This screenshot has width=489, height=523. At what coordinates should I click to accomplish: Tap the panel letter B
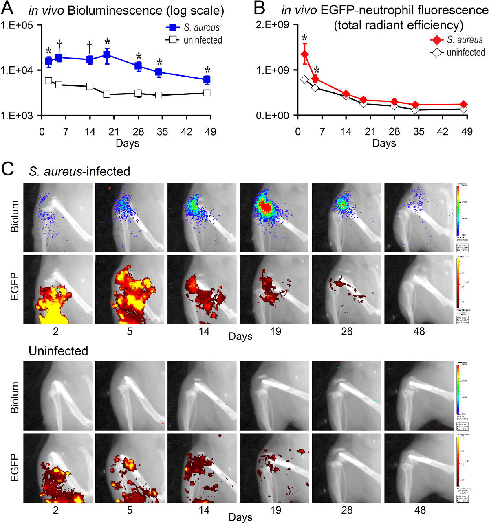click(260, 9)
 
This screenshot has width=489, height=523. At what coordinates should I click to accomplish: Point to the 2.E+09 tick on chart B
click(273, 25)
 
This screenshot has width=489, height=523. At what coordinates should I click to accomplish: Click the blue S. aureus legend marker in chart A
click(173, 28)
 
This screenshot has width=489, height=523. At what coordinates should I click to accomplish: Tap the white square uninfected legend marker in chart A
click(173, 40)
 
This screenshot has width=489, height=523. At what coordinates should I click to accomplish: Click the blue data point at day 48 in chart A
click(207, 79)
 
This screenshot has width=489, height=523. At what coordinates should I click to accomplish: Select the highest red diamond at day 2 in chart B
click(304, 54)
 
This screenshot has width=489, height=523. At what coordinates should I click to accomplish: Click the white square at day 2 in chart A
click(48, 81)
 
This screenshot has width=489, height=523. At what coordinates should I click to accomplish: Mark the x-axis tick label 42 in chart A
click(187, 131)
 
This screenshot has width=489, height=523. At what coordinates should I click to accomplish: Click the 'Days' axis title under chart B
click(384, 143)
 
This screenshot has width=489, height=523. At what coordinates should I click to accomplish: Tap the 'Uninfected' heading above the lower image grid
click(58, 351)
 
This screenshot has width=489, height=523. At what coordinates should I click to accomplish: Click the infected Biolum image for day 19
click(274, 217)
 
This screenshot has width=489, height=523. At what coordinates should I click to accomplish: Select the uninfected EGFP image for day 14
click(202, 468)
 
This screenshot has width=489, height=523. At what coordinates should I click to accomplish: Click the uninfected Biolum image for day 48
click(419, 396)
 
